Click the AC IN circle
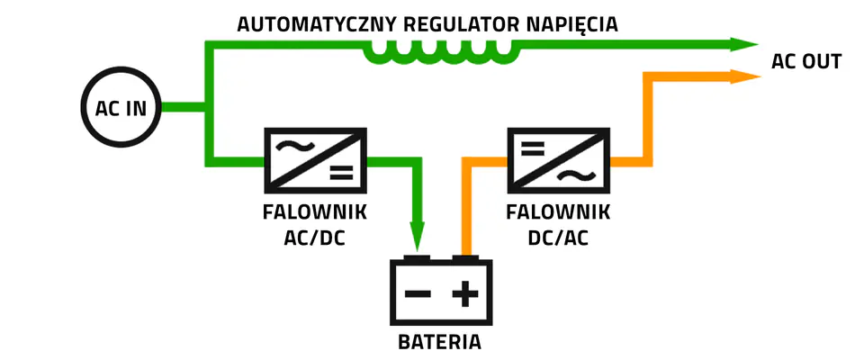[x=121, y=109]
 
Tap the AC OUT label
[x=806, y=62]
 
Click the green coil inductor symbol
[x=442, y=53]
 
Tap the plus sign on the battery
[x=465, y=294]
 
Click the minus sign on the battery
[x=417, y=294]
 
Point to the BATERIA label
[x=439, y=342]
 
